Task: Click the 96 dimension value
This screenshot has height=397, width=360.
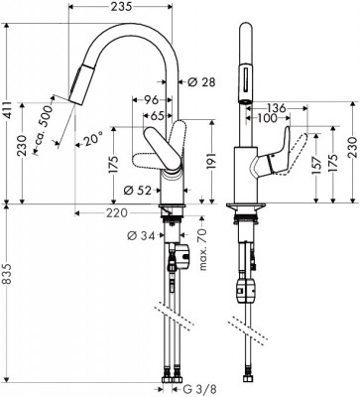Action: point(153,99)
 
